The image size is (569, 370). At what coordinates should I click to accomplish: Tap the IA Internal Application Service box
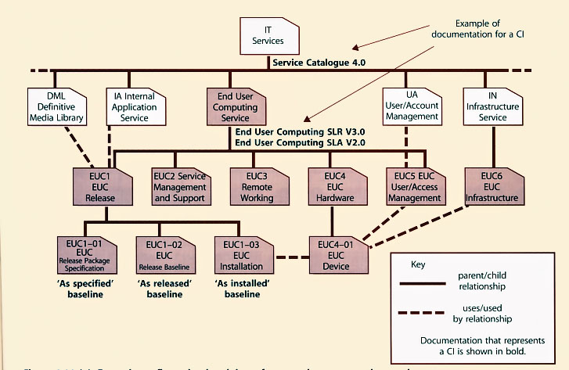tap(135, 106)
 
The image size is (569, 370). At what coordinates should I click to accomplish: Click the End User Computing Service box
tap(235, 106)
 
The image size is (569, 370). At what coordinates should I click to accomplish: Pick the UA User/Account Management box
tap(412, 106)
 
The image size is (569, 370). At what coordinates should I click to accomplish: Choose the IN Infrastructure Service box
tap(492, 106)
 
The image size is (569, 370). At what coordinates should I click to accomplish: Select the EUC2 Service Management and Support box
tap(180, 186)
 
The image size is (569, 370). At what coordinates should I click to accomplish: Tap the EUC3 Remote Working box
tap(257, 186)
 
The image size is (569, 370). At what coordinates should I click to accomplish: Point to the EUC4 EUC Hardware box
tap(335, 186)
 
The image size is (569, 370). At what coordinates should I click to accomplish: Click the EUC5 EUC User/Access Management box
tap(414, 186)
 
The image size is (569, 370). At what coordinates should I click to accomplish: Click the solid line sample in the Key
tap(429, 286)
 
